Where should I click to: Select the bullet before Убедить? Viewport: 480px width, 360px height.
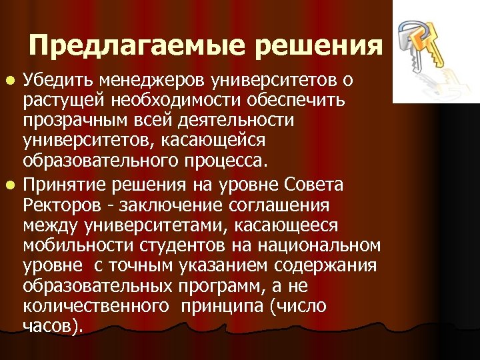[x=13, y=81]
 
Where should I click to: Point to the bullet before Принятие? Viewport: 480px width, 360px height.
[x=13, y=184]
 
